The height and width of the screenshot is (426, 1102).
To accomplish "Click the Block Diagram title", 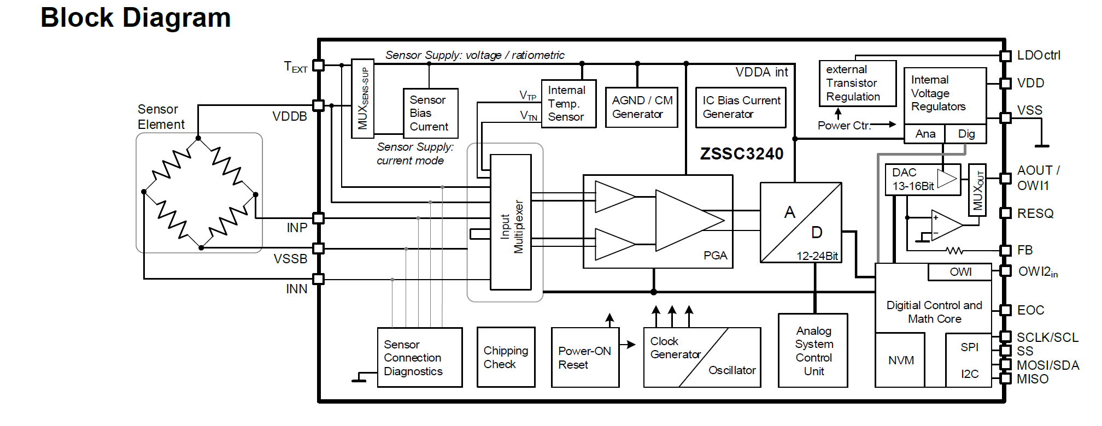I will pyautogui.click(x=136, y=17).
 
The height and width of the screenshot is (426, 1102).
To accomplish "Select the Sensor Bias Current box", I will pyautogui.click(x=430, y=113).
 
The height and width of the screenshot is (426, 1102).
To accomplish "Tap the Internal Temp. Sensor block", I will pyautogui.click(x=568, y=104).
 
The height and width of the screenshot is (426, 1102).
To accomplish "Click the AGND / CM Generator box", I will pyautogui.click(x=641, y=108).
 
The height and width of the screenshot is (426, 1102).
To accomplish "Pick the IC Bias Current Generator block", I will pyautogui.click(x=740, y=108).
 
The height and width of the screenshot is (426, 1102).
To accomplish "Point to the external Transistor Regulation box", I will pyautogui.click(x=857, y=84).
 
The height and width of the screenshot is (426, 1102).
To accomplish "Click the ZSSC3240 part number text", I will pyautogui.click(x=742, y=154).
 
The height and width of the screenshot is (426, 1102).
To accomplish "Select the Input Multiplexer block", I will pyautogui.click(x=511, y=222).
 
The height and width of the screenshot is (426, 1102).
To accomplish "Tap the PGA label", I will pyautogui.click(x=715, y=256).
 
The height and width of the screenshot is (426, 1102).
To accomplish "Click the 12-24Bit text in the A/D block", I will pyautogui.click(x=817, y=256).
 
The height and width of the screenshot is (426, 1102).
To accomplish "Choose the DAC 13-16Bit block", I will pyautogui.click(x=922, y=180).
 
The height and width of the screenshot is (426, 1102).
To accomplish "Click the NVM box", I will pyautogui.click(x=900, y=360).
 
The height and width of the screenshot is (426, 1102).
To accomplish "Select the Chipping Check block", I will pyautogui.click(x=506, y=357).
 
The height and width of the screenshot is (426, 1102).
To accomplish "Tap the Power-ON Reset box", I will pyautogui.click(x=585, y=358).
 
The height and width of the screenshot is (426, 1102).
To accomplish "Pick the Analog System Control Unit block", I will pyautogui.click(x=813, y=351).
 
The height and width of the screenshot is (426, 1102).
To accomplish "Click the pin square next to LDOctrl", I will pyautogui.click(x=1005, y=56).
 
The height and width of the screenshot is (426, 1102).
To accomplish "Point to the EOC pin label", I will pyautogui.click(x=1030, y=310).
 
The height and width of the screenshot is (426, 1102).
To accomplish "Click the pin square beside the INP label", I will pyautogui.click(x=319, y=218).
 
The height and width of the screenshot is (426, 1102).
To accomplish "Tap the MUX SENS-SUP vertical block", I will pyautogui.click(x=362, y=98).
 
